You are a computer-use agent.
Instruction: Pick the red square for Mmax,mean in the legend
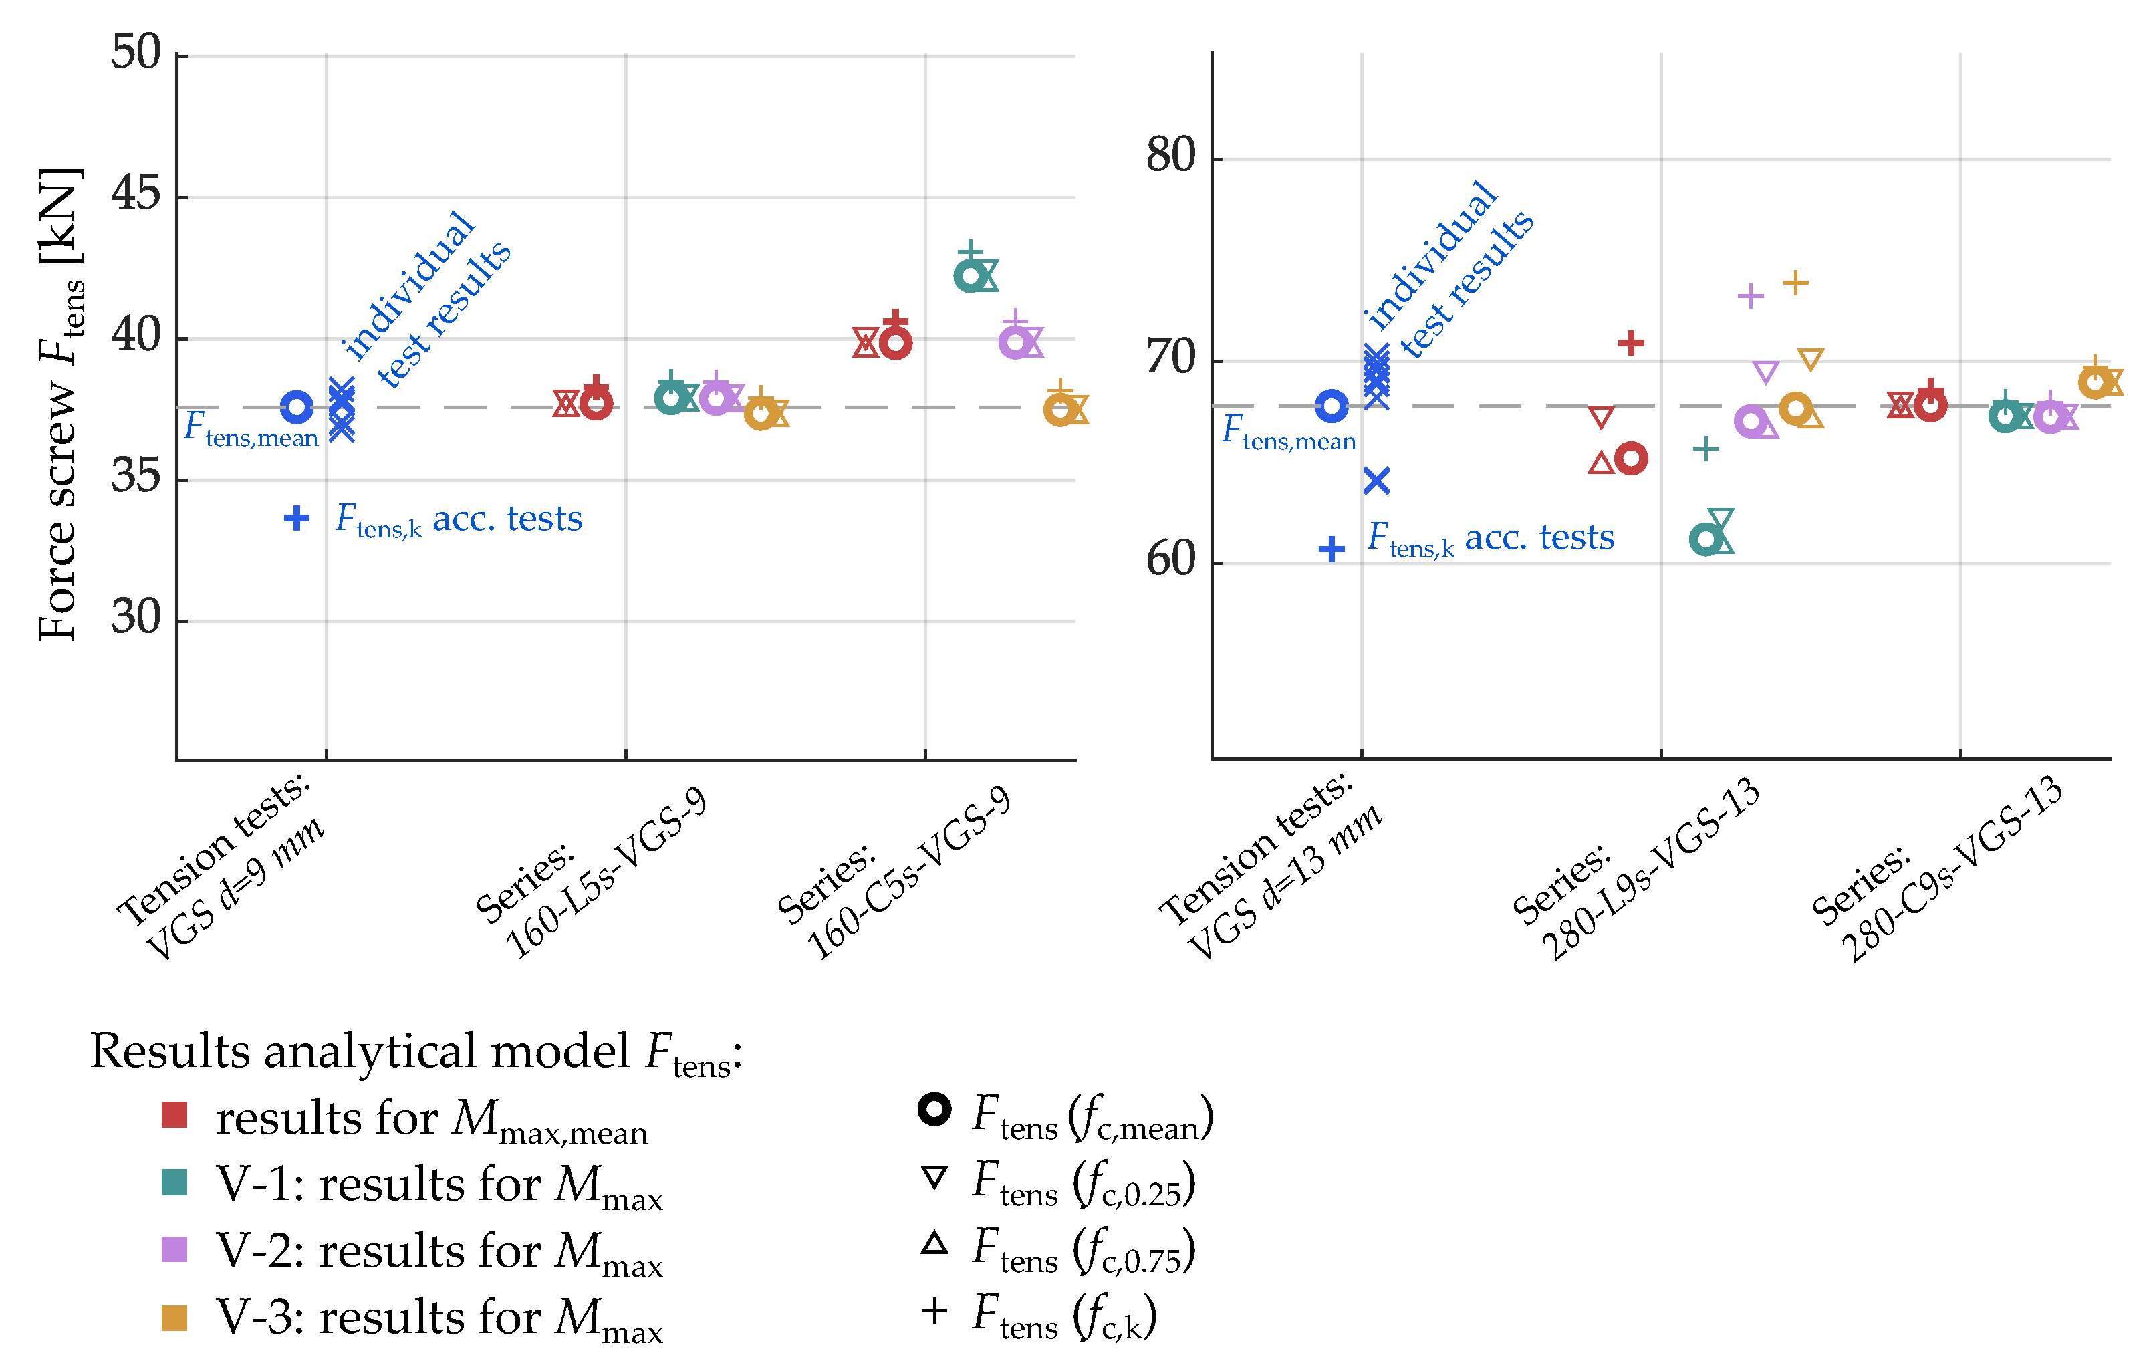tap(174, 1115)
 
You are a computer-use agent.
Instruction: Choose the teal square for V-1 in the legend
tap(174, 1182)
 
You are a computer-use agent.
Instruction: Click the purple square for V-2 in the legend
tap(174, 1249)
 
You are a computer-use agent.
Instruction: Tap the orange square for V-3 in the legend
tap(174, 1318)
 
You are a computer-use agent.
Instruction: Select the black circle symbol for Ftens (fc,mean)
tap(934, 1110)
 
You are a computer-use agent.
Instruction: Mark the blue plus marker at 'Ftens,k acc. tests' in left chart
tap(296, 518)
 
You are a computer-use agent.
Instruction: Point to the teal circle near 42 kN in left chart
tap(969, 275)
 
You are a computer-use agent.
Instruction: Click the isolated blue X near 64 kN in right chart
tap(1376, 481)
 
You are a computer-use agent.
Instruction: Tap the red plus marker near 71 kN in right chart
tap(1630, 343)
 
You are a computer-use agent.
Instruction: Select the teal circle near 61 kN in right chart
tap(1706, 539)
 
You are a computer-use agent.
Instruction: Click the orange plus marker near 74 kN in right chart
tap(1795, 283)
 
